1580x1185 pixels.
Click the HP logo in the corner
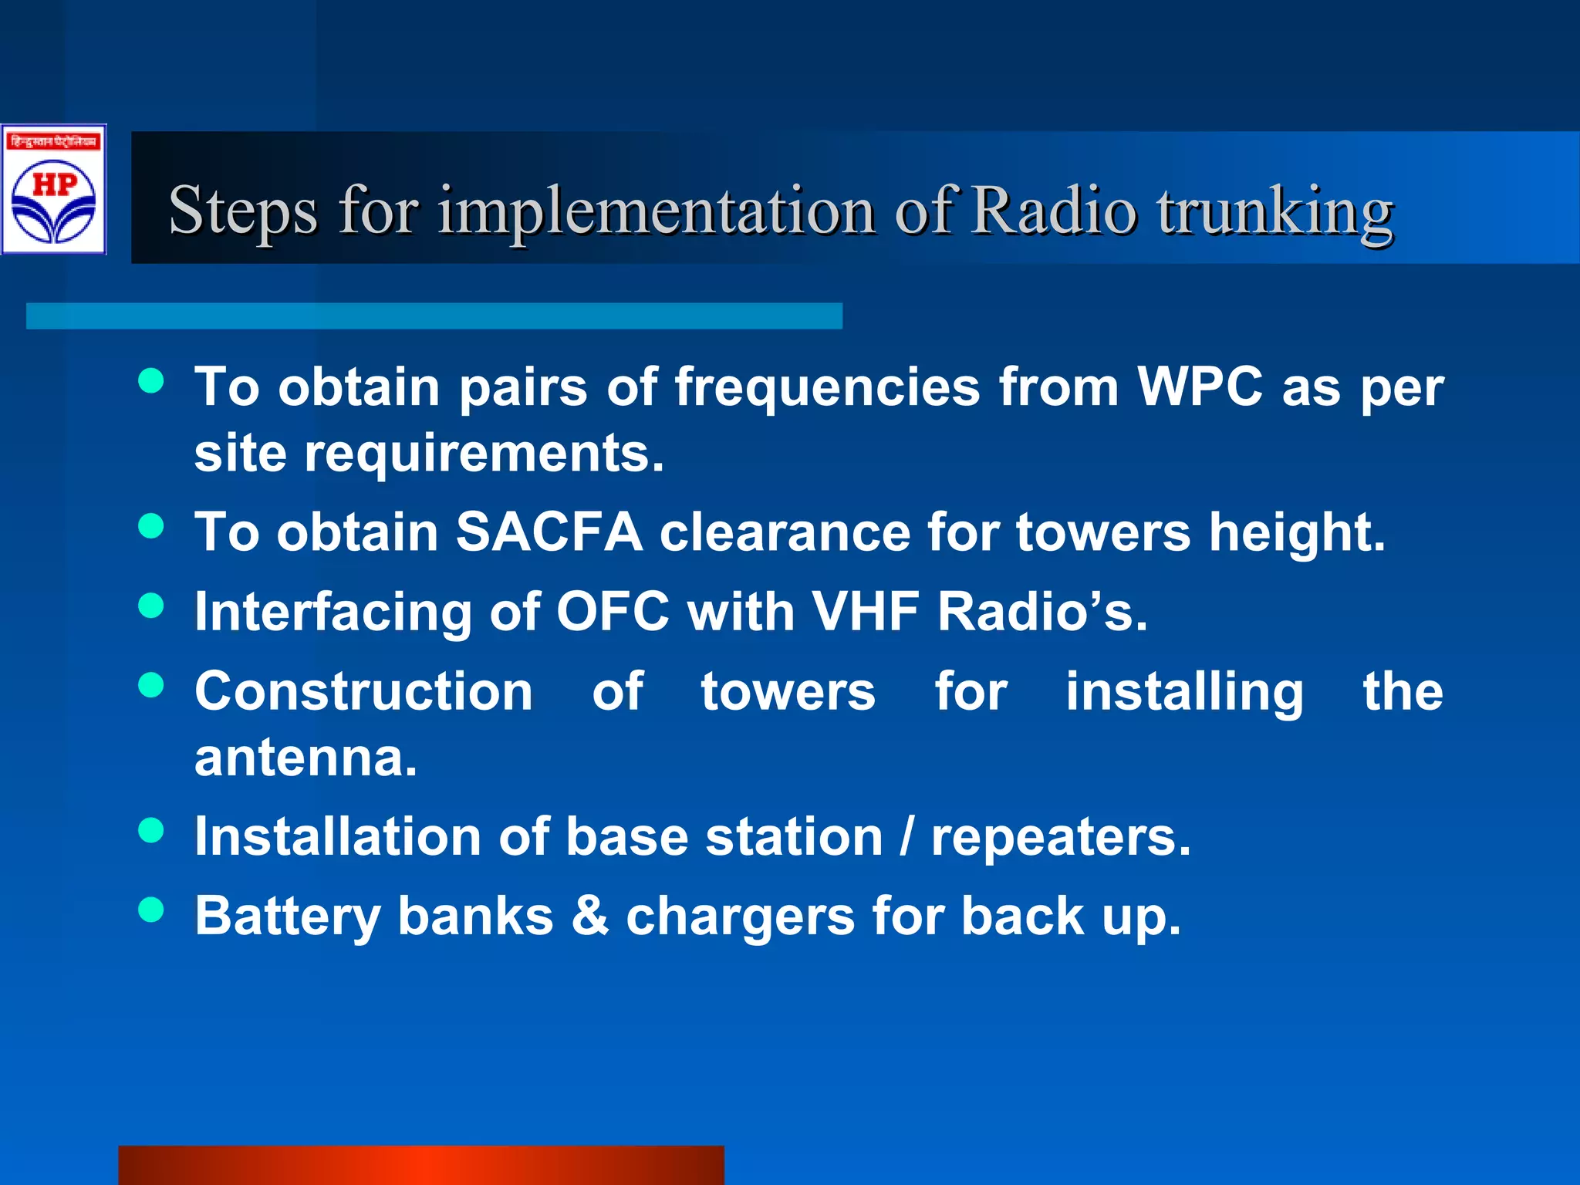(x=53, y=190)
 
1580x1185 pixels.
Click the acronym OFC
(x=613, y=612)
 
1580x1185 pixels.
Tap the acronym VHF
(x=865, y=612)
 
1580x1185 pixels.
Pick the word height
(x=1296, y=534)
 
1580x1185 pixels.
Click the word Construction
(x=363, y=691)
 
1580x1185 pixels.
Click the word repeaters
(x=1061, y=838)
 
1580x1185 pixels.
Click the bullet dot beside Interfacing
(x=151, y=606)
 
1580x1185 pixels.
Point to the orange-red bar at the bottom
(x=420, y=1165)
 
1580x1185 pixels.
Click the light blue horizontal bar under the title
(x=434, y=316)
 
